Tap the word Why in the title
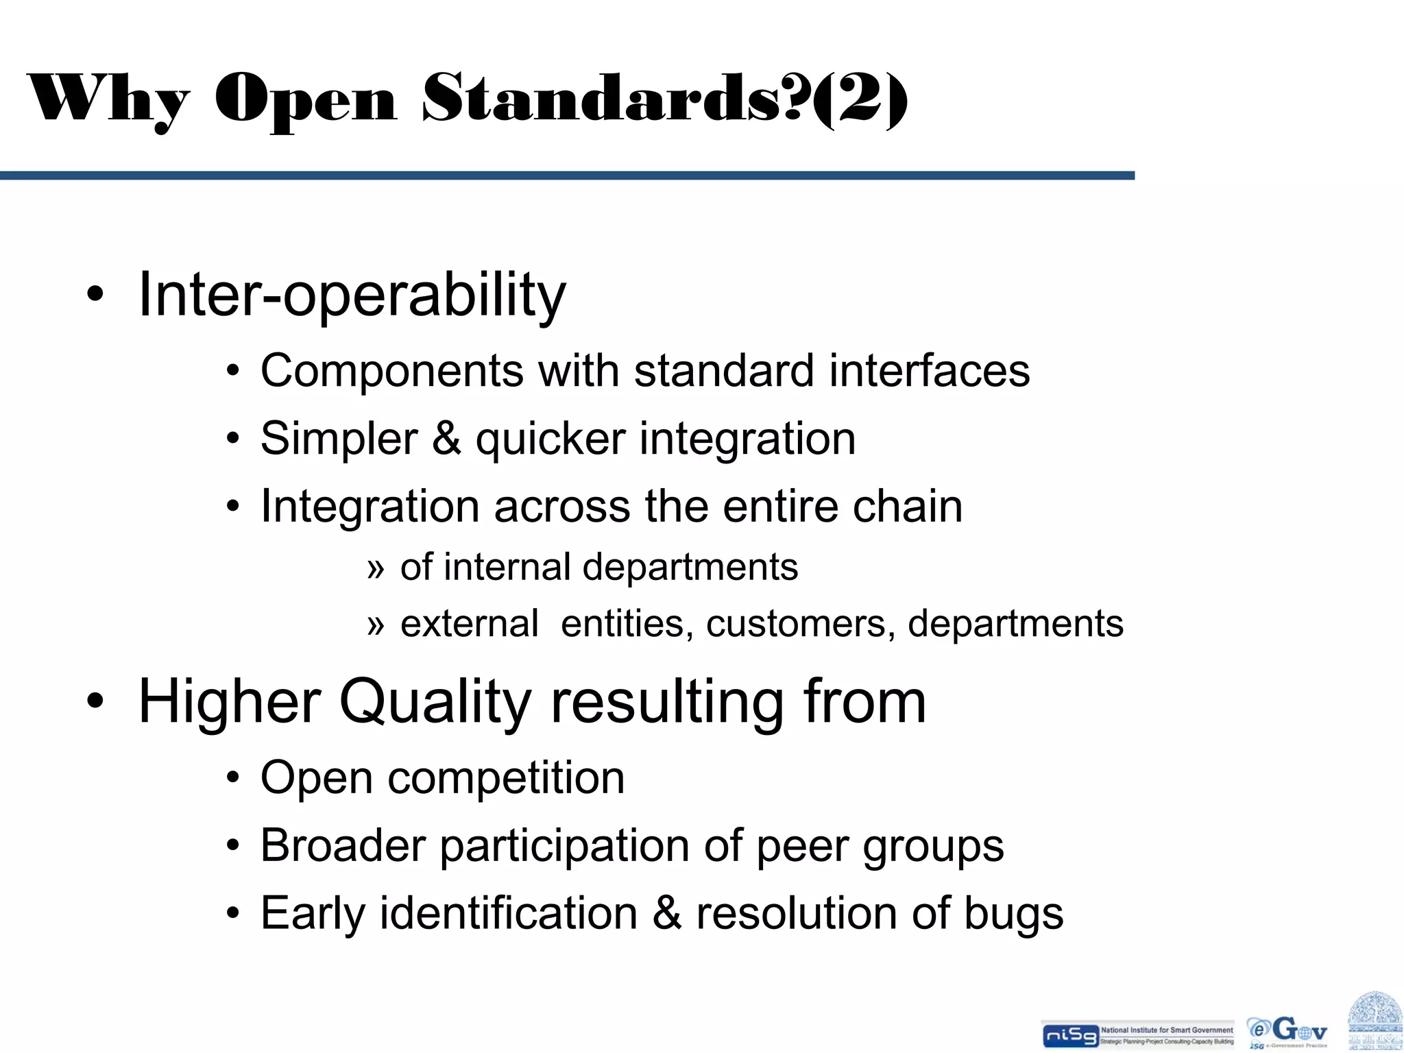108,99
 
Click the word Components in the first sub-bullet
391,371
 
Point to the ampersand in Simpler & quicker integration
446,439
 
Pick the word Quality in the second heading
435,703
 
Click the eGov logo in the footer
1287,1032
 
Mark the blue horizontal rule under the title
567,176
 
